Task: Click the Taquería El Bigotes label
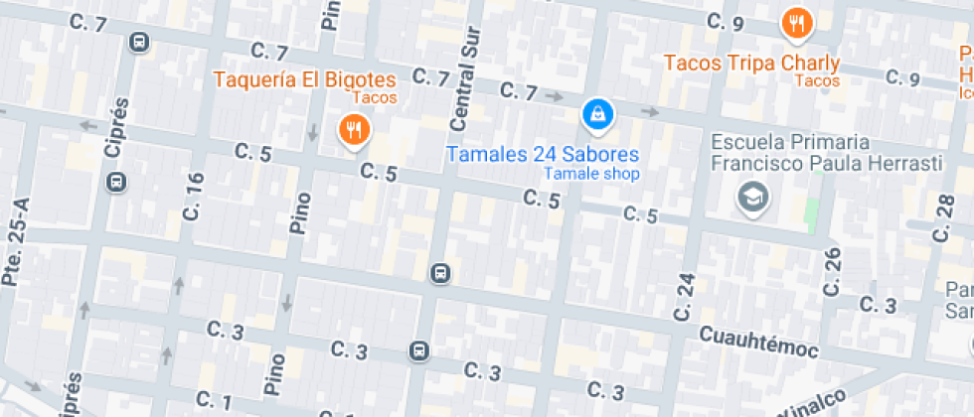304,79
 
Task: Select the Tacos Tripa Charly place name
751,63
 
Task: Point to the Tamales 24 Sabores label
543,155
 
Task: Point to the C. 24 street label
683,296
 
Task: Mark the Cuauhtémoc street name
758,344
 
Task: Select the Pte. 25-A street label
14,254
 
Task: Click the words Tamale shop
591,174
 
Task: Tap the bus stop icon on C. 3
419,350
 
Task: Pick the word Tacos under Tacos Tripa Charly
818,80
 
